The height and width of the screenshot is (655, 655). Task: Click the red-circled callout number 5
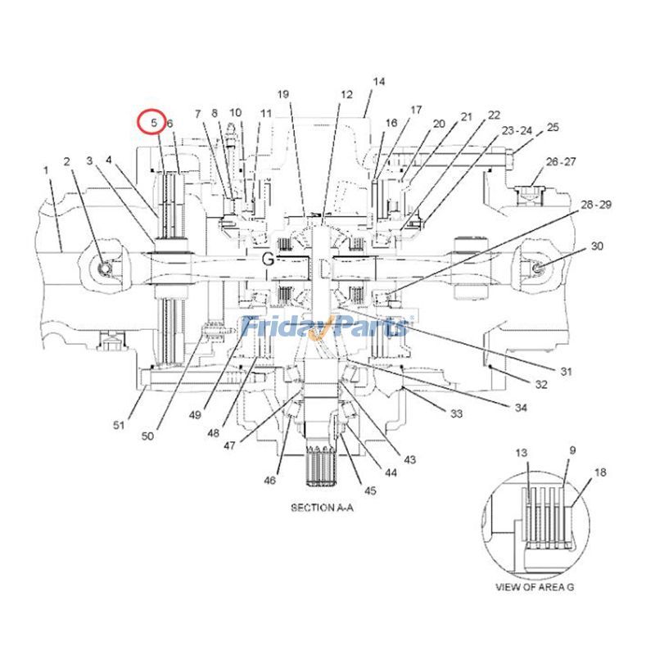point(154,123)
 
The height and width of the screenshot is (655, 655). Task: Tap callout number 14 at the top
point(378,81)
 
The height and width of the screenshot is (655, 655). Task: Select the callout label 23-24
point(517,131)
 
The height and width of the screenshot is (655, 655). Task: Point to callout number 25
point(553,127)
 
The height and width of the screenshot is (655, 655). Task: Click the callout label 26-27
point(561,161)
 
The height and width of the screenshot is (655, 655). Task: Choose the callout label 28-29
point(596,204)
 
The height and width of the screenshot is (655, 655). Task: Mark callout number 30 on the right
point(597,246)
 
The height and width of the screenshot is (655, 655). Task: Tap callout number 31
point(566,372)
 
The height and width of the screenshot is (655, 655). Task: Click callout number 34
point(521,407)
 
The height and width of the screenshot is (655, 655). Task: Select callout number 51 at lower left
point(119,425)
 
